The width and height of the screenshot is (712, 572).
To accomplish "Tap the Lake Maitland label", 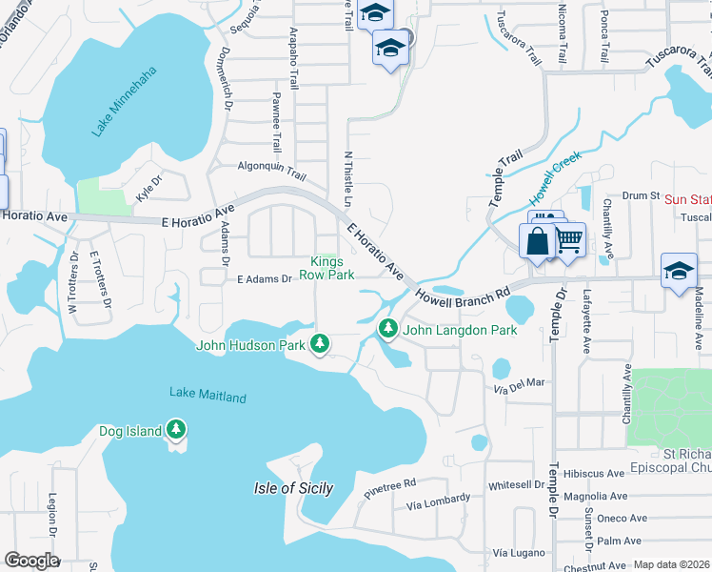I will [x=208, y=396].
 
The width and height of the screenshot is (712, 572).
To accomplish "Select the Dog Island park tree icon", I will [x=175, y=430].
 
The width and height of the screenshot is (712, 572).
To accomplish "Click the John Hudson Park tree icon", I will [x=322, y=343].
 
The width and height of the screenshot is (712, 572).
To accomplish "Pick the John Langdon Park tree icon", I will [x=387, y=329].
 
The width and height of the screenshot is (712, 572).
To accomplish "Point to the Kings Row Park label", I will [x=327, y=268].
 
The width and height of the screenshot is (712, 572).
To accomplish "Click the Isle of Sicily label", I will [x=293, y=489].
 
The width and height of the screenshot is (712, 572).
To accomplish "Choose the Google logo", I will [x=31, y=560].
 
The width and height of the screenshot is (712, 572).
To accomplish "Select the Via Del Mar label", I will [x=519, y=383].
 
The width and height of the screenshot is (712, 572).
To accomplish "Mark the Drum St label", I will [x=641, y=195].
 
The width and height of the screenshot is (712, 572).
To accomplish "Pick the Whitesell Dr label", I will [x=516, y=485].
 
